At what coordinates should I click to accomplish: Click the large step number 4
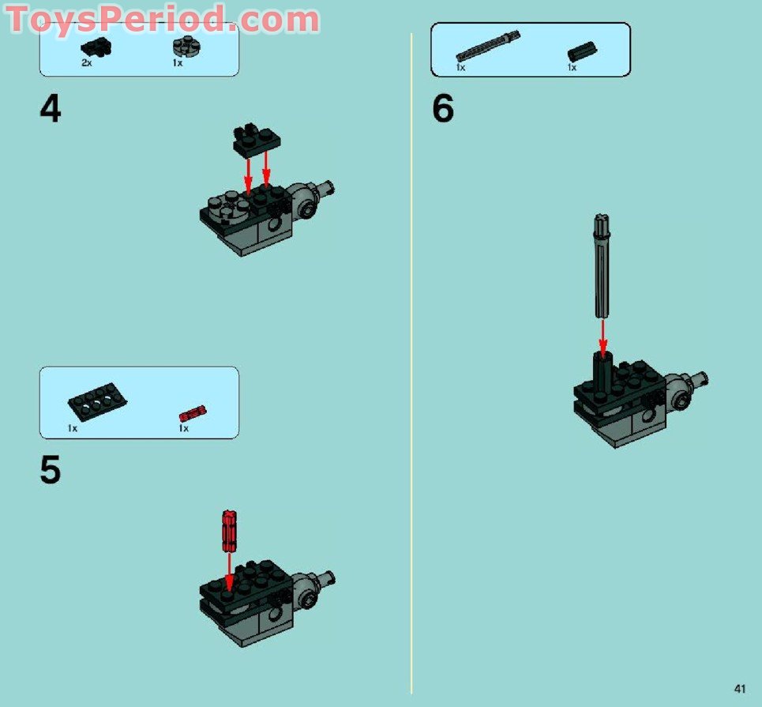50,109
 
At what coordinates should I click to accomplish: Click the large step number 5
50,470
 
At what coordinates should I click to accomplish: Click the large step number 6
442,109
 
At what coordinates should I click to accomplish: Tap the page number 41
739,688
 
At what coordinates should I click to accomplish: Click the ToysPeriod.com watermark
162,19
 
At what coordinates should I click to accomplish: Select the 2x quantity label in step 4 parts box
86,62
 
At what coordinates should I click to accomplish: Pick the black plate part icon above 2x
96,47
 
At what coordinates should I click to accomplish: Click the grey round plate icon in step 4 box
183,46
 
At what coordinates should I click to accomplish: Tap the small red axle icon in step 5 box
192,412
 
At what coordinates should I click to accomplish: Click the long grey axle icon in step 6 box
488,46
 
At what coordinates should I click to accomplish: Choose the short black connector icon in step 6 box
582,52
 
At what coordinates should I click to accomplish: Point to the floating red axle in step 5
229,530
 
